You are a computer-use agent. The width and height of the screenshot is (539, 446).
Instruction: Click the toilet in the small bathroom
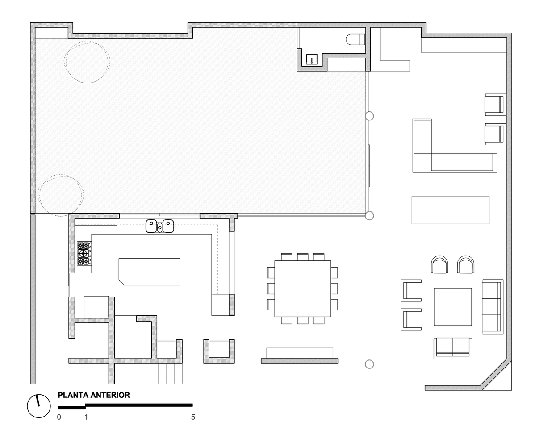[355, 40]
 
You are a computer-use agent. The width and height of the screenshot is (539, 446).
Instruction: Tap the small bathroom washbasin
[312, 59]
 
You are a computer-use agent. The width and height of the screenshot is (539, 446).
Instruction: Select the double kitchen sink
[160, 226]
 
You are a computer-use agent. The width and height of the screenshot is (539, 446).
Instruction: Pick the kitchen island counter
[150, 271]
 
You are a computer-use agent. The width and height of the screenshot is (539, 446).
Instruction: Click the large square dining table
[302, 288]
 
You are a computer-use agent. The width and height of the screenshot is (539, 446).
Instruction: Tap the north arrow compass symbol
[38, 406]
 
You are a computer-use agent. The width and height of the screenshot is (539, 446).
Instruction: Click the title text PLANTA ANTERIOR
[94, 395]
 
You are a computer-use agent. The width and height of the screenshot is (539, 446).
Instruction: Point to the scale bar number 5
[193, 417]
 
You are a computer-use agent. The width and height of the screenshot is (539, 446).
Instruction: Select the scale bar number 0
[59, 417]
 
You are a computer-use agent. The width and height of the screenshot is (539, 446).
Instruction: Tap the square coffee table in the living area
[452, 307]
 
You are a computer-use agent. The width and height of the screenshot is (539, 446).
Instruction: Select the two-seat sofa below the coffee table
[452, 347]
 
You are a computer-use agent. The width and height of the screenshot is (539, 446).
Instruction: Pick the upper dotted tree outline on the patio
[87, 62]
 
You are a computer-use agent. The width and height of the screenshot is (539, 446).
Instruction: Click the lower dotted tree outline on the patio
[60, 195]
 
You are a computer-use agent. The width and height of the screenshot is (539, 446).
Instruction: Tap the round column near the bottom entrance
[369, 364]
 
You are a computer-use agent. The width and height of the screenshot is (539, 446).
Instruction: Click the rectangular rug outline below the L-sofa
[450, 210]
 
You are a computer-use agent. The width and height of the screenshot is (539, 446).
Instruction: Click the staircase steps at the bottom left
[163, 373]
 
